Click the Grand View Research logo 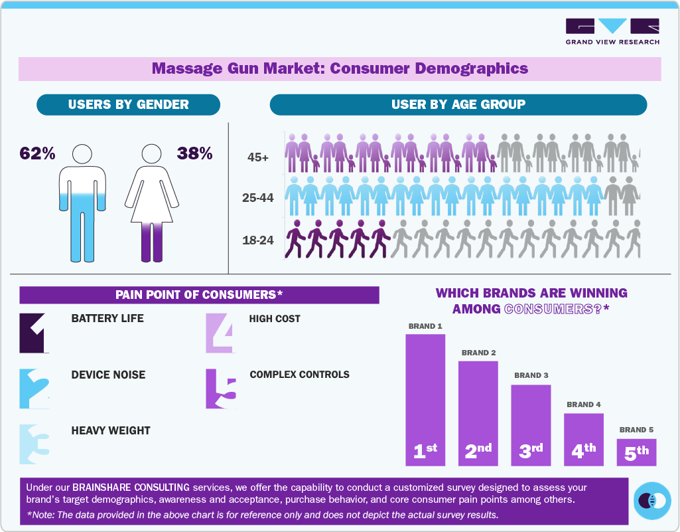(x=612, y=31)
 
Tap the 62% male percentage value (x=37, y=153)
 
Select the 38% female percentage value (x=194, y=153)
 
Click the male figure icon (x=82, y=203)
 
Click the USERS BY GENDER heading (x=128, y=104)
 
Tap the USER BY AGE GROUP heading (x=458, y=104)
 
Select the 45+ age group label (x=259, y=157)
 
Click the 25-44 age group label (x=258, y=198)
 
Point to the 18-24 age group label (x=258, y=240)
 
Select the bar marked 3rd (x=531, y=425)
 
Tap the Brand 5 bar (x=636, y=452)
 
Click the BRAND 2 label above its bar (x=478, y=353)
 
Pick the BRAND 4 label (x=584, y=404)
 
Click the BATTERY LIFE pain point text (x=107, y=319)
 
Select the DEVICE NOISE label (x=108, y=375)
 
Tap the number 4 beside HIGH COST (x=220, y=333)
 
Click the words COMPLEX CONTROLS (x=299, y=375)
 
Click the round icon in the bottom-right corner (x=652, y=500)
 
